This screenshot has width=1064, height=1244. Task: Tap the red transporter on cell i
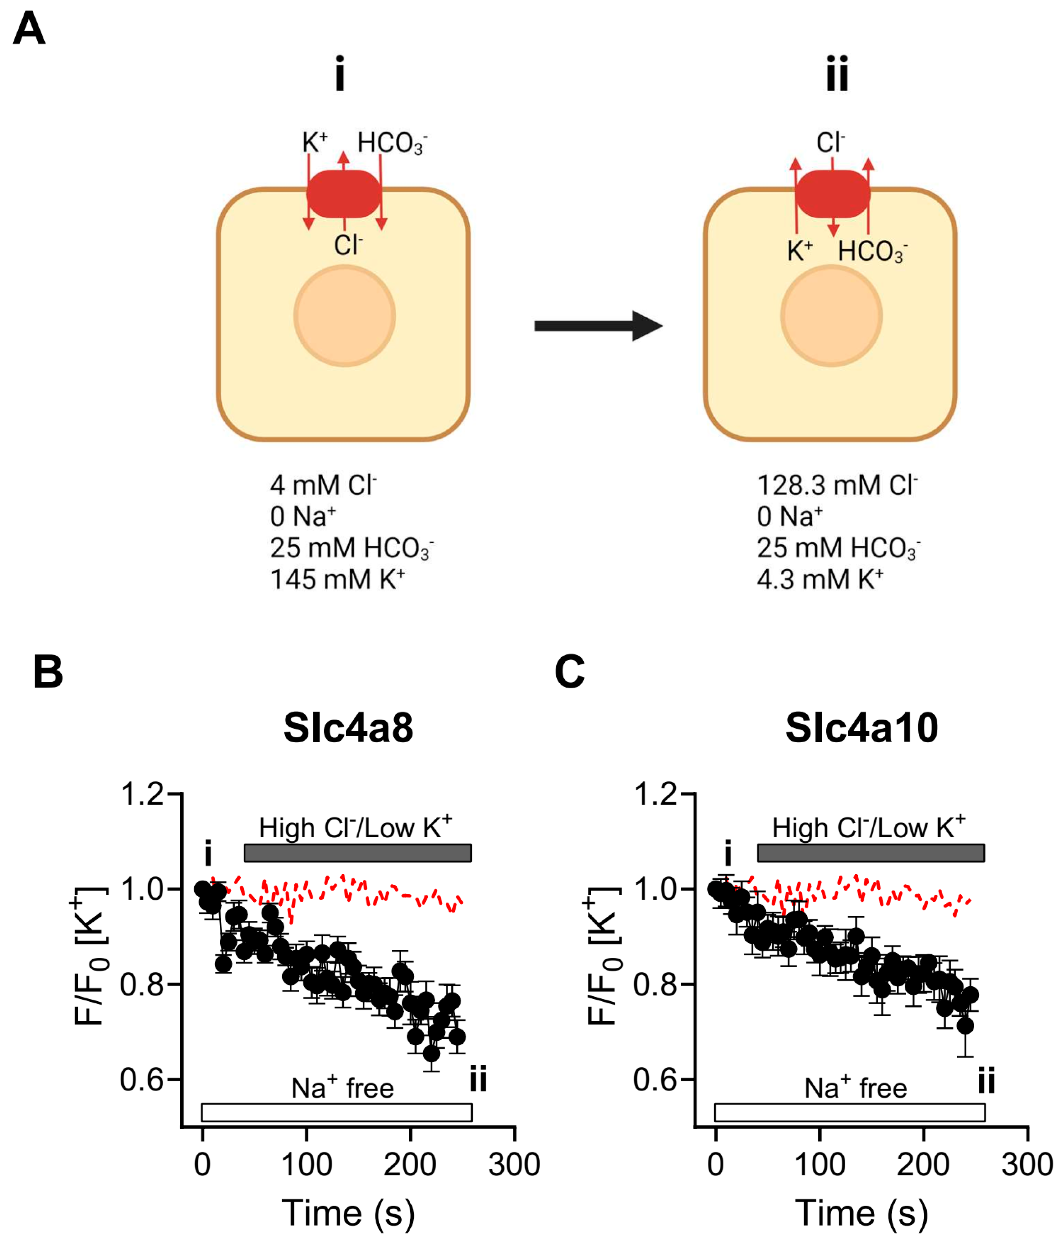click(x=344, y=194)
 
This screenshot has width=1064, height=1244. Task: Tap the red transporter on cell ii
click(x=832, y=194)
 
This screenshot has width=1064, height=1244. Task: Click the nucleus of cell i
click(x=344, y=316)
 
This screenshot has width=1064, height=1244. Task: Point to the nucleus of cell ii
click(x=832, y=316)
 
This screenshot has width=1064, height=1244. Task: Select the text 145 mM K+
click(x=337, y=579)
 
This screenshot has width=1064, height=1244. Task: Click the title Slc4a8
click(x=348, y=728)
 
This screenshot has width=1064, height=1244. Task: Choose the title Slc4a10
click(x=862, y=728)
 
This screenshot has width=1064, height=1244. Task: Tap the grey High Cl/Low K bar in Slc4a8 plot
click(x=357, y=853)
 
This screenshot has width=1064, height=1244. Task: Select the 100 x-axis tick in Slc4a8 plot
click(x=306, y=1165)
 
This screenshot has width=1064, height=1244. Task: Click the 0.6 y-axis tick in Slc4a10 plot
click(x=656, y=1079)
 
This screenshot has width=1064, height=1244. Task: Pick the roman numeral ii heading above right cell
click(x=837, y=73)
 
